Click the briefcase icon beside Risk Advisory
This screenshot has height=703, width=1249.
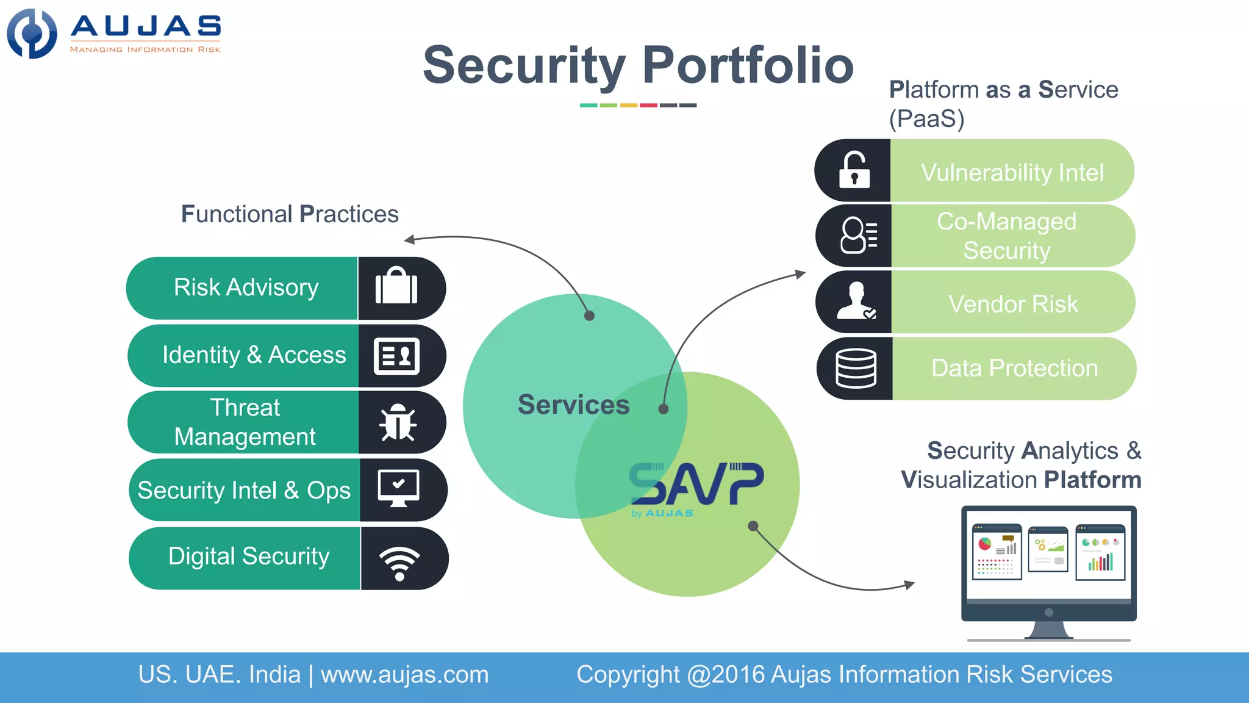[x=396, y=287]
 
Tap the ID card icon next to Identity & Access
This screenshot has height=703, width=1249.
[x=396, y=356]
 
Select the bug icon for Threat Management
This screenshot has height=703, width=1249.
[x=398, y=422]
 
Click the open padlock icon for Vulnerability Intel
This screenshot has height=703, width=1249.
[x=854, y=170]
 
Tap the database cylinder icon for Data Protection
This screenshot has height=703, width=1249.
[x=856, y=368]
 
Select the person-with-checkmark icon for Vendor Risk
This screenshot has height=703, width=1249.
[x=856, y=301]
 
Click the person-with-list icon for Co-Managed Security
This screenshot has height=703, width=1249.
[x=859, y=235]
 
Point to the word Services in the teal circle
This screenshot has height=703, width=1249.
[x=573, y=405]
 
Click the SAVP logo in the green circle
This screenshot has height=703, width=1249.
[x=696, y=485]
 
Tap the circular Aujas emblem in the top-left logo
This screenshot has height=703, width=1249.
[x=32, y=34]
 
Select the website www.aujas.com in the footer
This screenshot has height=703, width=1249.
[x=404, y=675]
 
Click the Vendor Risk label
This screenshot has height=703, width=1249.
[x=1013, y=304]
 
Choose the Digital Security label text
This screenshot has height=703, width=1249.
[x=249, y=557]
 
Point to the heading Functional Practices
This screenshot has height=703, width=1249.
[x=290, y=214]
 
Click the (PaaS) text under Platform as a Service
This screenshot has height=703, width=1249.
[x=926, y=118]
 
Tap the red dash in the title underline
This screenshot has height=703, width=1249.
[x=648, y=106]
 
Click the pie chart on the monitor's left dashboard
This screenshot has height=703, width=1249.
[x=984, y=544]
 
